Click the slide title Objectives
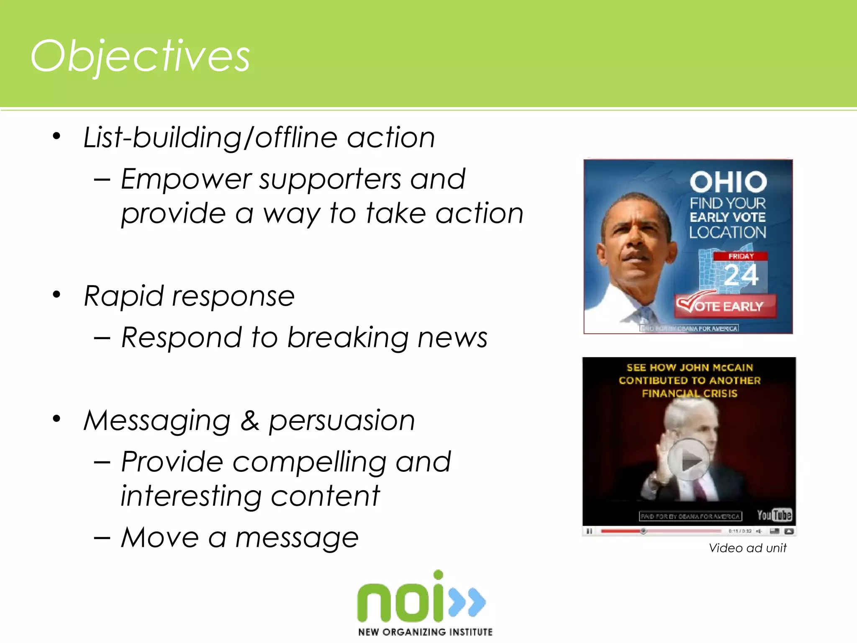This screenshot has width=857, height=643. tap(140, 57)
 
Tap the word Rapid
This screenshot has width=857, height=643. tap(123, 296)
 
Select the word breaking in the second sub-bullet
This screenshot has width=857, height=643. tap(347, 337)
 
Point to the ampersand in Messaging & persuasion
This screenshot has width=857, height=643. tap(250, 420)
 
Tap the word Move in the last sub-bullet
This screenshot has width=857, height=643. tap(160, 538)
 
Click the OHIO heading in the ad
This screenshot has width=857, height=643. tap(728, 182)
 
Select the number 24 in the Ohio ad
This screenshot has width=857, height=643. tap(741, 275)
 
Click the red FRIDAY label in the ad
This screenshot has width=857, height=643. tap(741, 256)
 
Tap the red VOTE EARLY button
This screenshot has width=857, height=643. tap(726, 306)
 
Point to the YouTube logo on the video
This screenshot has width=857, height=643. tap(774, 515)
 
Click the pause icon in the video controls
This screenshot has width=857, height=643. tap(589, 531)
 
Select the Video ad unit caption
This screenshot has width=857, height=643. tap(747, 548)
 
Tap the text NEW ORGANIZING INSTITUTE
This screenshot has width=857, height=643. tap(425, 632)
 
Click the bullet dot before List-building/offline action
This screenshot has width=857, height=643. tap(56, 136)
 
